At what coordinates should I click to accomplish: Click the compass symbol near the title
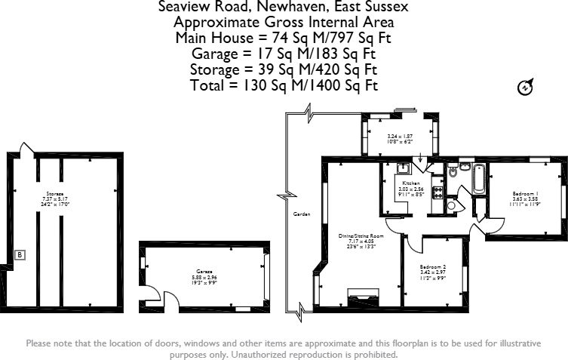(x=524, y=88)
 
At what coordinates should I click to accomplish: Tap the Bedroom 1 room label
(x=526, y=193)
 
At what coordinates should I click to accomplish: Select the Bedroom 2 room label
(x=434, y=267)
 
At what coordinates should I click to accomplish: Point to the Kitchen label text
(x=410, y=183)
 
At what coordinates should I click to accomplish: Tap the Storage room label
(x=53, y=194)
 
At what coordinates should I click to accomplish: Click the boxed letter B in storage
(x=20, y=255)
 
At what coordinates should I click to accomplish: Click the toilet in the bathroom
(x=453, y=173)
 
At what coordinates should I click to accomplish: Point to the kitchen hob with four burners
(x=437, y=192)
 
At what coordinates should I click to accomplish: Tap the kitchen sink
(x=404, y=169)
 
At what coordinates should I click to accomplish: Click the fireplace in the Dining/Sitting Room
(x=362, y=294)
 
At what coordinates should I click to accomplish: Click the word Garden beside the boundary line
(x=302, y=214)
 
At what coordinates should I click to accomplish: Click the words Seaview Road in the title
(x=198, y=7)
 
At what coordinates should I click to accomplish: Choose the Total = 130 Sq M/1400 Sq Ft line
(x=284, y=85)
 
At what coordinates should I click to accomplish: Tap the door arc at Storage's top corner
(x=25, y=147)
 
